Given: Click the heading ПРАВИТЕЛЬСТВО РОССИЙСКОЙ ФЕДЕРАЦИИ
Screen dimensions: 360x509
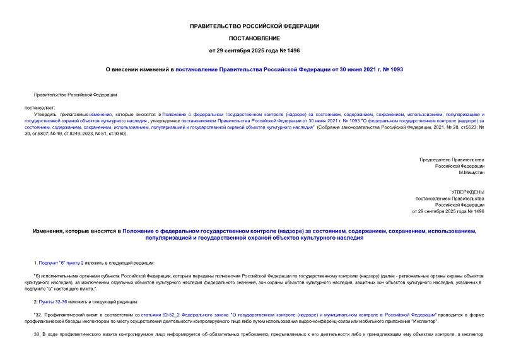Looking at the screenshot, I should pyautogui.click(x=254, y=26).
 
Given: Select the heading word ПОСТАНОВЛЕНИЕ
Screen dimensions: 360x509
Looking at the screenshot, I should pyautogui.click(x=254, y=38).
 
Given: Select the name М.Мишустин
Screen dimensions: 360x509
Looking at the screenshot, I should pyautogui.click(x=471, y=172).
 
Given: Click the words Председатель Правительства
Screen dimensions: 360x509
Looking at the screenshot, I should pyautogui.click(x=452, y=160).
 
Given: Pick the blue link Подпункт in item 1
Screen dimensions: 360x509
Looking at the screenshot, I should pyautogui.click(x=49, y=262).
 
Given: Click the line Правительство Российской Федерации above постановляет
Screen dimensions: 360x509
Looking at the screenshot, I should pyautogui.click(x=75, y=95).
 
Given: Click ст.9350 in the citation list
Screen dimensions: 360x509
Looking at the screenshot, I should pyautogui.click(x=119, y=134).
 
